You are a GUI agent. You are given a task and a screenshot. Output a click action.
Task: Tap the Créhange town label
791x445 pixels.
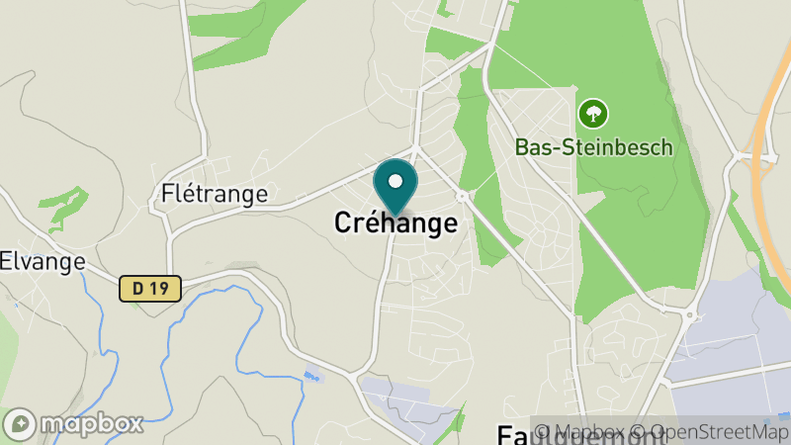pyautogui.click(x=395, y=223)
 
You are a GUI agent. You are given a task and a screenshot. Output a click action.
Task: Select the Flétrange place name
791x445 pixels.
pyautogui.click(x=214, y=194)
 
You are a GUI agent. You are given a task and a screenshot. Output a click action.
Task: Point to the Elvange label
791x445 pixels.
pyautogui.click(x=42, y=262)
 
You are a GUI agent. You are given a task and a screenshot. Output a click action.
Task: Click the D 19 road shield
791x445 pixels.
pyautogui.click(x=150, y=288)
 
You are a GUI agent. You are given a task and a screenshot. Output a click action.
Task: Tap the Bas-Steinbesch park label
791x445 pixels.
pyautogui.click(x=593, y=147)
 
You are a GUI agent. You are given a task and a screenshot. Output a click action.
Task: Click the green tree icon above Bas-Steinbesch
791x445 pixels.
pyautogui.click(x=593, y=113)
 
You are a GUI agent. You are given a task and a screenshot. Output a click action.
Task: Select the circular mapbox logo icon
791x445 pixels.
pyautogui.click(x=21, y=423)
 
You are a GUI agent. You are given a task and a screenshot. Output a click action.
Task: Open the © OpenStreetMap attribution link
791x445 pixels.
pyautogui.click(x=709, y=432)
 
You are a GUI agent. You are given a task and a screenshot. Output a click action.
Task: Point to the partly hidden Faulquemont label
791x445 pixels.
pyautogui.click(x=514, y=435)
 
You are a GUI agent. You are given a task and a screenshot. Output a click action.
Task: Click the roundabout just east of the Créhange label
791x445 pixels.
pyautogui.click(x=461, y=197)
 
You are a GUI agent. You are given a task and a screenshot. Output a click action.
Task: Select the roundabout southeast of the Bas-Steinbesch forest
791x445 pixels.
pyautogui.click(x=689, y=315)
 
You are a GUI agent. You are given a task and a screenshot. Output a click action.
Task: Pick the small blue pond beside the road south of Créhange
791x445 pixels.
pyautogui.click(x=313, y=376)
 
